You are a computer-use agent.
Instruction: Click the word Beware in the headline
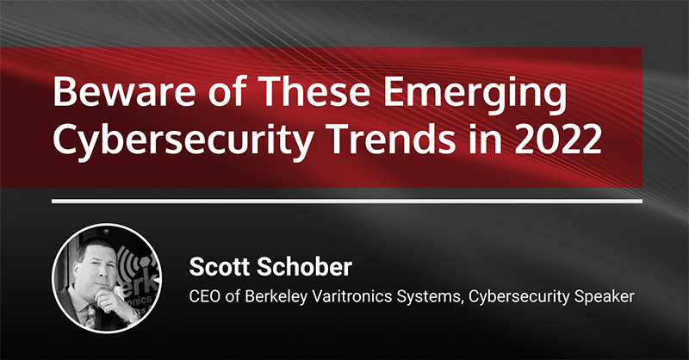pos(123,92)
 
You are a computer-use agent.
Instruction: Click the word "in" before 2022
pos(486,139)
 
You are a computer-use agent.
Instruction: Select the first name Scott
pos(220,267)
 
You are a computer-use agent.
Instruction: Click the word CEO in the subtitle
pos(204,296)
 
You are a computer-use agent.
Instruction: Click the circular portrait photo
pos(107,278)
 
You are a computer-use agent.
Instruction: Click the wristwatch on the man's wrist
pos(133,317)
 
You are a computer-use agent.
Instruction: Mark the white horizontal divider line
pos(347,202)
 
